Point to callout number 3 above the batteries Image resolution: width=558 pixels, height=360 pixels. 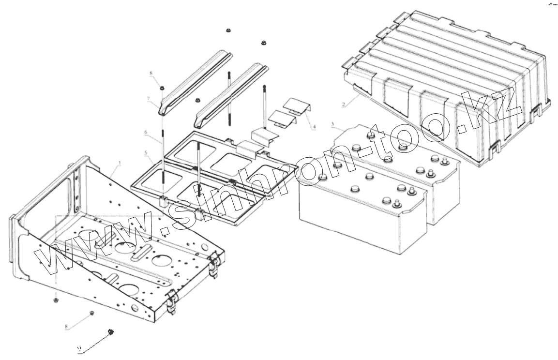332,125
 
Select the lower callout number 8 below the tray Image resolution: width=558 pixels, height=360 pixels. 66,327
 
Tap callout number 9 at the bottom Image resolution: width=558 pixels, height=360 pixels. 78,348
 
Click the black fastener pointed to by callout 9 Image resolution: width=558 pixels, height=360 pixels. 111,331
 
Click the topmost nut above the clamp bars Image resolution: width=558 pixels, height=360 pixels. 227,31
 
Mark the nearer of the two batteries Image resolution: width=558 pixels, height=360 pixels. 363,213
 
